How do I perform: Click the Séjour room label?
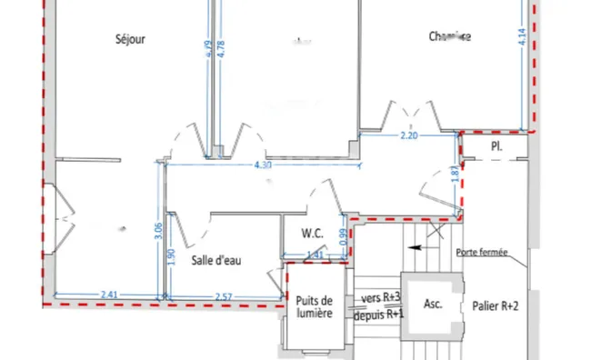[131, 39]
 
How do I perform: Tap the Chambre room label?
[450, 37]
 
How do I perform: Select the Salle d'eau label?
[216, 261]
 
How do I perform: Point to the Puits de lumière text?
[314, 307]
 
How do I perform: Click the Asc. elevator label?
[433, 304]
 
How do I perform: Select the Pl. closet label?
[496, 145]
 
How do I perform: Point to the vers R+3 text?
[380, 297]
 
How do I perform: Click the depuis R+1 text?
[380, 314]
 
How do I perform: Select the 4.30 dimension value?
[263, 165]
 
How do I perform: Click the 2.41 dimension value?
[108, 295]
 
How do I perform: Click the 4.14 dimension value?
[523, 37]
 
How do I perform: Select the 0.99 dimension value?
[344, 235]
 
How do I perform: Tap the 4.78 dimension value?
[222, 48]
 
